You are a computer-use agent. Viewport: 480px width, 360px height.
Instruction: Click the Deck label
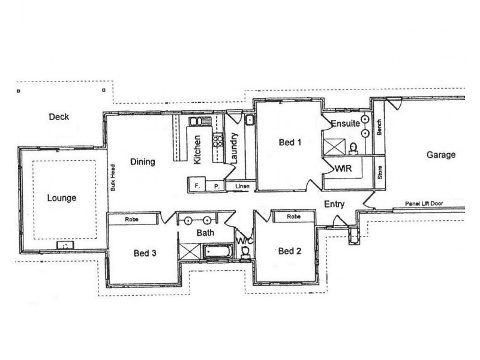tap(59, 117)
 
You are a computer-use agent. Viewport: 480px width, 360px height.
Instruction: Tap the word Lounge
tap(62, 197)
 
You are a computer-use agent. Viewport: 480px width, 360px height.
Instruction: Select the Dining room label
tap(143, 161)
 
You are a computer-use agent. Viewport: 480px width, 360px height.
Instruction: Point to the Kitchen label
tap(197, 150)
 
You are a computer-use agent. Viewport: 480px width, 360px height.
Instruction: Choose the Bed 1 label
tap(290, 143)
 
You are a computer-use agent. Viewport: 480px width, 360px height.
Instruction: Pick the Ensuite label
tap(345, 124)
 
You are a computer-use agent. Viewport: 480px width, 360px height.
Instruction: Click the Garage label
tap(441, 155)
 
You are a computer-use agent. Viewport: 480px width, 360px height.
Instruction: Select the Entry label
tap(334, 205)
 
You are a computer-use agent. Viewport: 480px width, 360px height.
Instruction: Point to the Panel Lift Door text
tap(424, 203)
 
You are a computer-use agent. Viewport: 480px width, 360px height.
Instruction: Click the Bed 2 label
tap(290, 251)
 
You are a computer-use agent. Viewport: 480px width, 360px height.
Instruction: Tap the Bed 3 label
tap(145, 253)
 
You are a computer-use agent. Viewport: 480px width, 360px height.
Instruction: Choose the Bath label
tap(206, 232)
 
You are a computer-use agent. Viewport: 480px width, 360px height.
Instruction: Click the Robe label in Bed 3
tap(133, 220)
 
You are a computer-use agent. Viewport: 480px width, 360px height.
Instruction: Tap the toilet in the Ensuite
tap(353, 146)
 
